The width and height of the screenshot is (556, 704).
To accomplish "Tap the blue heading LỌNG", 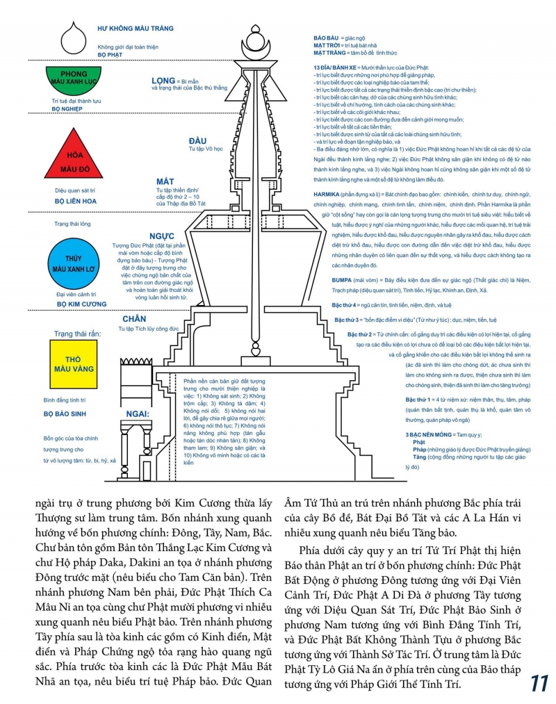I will click(163, 81).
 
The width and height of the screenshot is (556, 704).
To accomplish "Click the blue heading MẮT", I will click(165, 181).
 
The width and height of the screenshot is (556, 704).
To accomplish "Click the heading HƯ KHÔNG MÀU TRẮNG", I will click(136, 28).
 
